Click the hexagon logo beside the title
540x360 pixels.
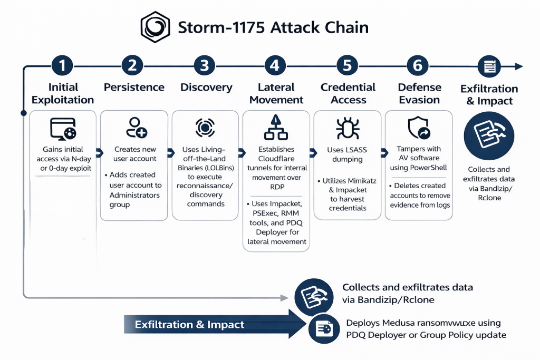(156, 27)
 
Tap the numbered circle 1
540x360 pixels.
(63, 66)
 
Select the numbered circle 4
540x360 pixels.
(275, 66)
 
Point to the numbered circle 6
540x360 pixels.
(418, 66)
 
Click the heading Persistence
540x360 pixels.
(134, 87)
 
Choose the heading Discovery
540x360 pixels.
(206, 87)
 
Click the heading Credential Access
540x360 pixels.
(348, 93)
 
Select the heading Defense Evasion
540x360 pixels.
(419, 93)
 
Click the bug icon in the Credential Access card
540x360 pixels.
(348, 128)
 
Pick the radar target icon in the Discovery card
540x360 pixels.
(205, 128)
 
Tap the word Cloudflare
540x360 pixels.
(276, 159)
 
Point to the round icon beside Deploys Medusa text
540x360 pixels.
(323, 329)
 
